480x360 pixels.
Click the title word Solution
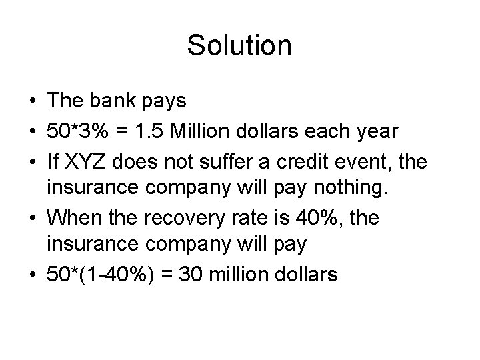tap(239, 45)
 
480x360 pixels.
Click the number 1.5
tap(156, 132)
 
